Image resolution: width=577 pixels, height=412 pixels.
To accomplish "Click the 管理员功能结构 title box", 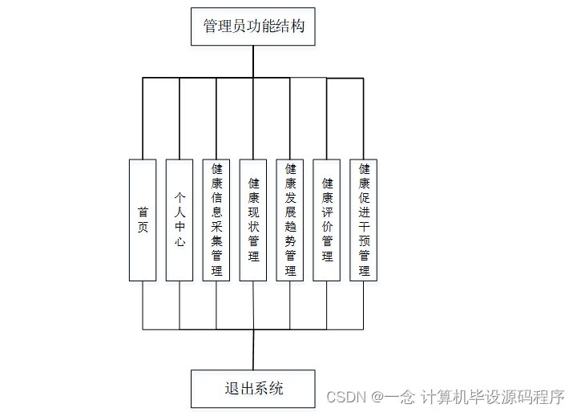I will [253, 26].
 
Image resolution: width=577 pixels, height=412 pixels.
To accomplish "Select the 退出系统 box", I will [253, 389].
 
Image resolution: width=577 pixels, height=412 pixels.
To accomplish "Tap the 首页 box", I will [143, 220].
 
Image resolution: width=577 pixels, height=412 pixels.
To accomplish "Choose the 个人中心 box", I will [180, 220].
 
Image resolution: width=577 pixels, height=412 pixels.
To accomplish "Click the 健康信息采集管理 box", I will [216, 220].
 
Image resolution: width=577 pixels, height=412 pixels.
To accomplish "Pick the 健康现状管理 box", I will [253, 220].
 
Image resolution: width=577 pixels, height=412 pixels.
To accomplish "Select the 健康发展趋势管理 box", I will [290, 220].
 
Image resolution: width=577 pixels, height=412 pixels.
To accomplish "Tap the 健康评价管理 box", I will [327, 220].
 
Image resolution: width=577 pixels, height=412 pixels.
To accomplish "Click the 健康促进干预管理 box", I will [364, 220].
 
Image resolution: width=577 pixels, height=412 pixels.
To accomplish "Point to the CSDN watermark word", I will [346, 397].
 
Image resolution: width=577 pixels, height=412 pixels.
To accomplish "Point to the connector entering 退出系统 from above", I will [253, 349].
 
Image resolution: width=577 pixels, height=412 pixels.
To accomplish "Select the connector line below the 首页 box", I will [143, 305].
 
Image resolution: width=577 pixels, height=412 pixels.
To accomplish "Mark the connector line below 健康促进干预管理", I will [364, 305].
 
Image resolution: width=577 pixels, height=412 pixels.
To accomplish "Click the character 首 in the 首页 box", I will [143, 212].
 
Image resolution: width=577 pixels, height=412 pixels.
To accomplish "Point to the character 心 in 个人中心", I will [180, 241].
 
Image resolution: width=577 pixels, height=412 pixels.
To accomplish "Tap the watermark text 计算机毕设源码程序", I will [493, 397].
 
